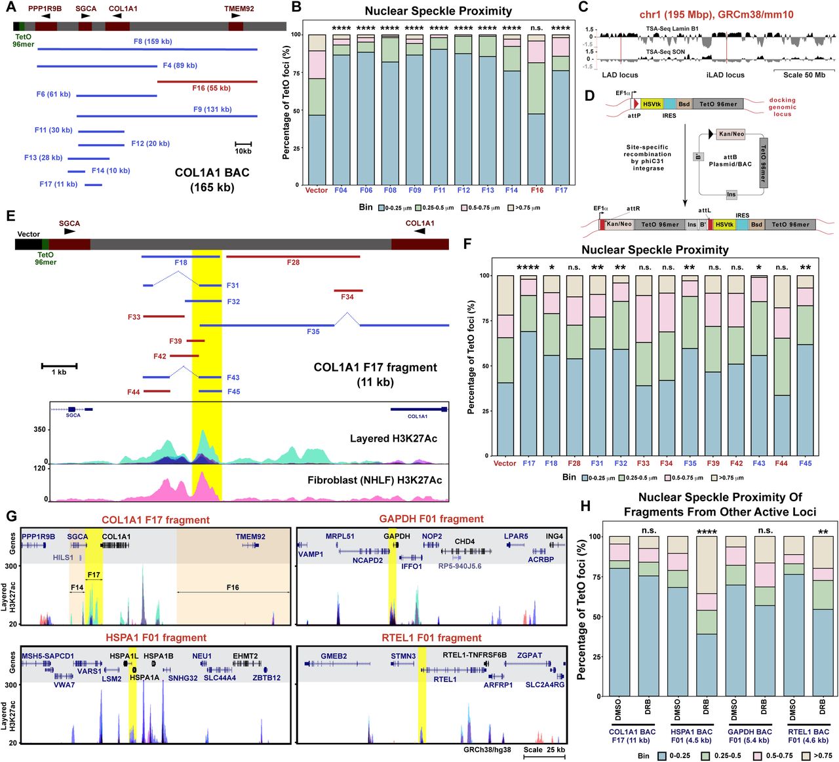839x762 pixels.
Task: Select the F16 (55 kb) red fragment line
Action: (x=207, y=82)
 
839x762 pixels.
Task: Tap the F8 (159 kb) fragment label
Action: (x=153, y=41)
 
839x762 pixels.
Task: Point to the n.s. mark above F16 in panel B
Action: (x=536, y=28)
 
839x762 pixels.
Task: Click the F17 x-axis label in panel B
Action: (x=561, y=190)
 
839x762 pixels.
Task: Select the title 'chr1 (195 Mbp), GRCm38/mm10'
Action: (x=707, y=14)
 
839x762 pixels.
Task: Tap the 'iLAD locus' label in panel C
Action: (x=725, y=75)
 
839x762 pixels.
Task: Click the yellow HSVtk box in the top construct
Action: (x=652, y=104)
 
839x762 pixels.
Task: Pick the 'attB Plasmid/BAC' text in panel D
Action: (x=730, y=161)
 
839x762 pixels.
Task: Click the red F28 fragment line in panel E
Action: (x=293, y=256)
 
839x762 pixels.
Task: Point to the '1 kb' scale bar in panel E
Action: (x=59, y=366)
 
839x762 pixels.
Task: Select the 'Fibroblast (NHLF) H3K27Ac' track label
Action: (x=374, y=480)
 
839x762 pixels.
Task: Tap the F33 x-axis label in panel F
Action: (x=643, y=463)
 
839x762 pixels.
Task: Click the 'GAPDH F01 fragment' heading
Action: (x=431, y=519)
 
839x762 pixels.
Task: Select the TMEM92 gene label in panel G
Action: (x=250, y=537)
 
